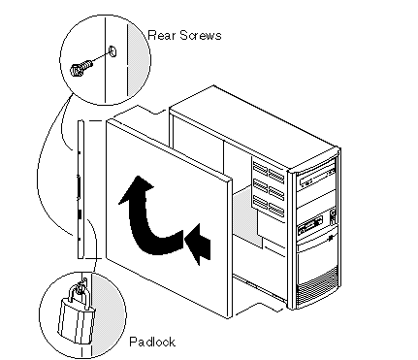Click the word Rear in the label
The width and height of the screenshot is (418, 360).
161,35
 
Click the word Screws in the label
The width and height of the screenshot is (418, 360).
201,35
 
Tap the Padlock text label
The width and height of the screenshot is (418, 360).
152,342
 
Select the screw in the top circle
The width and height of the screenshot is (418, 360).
80,67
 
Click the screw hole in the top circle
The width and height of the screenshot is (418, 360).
113,51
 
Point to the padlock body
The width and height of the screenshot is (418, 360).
77,321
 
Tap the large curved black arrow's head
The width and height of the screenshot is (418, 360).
137,189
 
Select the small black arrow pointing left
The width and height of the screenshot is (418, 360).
197,244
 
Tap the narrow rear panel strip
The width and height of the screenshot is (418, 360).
80,189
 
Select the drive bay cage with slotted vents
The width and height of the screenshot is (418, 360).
269,188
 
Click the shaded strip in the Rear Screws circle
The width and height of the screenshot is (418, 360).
138,60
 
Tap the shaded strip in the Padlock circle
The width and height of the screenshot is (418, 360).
109,314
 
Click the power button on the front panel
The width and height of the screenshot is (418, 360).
333,213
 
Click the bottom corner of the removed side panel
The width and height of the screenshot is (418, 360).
229,318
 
